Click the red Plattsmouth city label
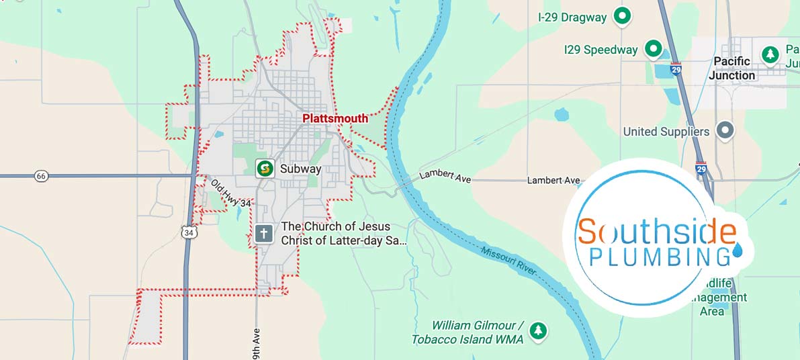pos(335,119)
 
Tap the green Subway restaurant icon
pos(265,168)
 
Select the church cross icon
pos(264,234)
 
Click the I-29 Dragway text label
pos(572,17)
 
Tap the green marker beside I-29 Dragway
pos(623,16)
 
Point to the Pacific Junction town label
pos(731,69)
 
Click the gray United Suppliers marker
pos(724,130)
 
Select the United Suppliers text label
pos(666,132)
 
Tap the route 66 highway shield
pos(42,176)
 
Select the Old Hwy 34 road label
pos(230,193)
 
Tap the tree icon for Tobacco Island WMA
pos(537,330)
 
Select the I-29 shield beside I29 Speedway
pos(676,70)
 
